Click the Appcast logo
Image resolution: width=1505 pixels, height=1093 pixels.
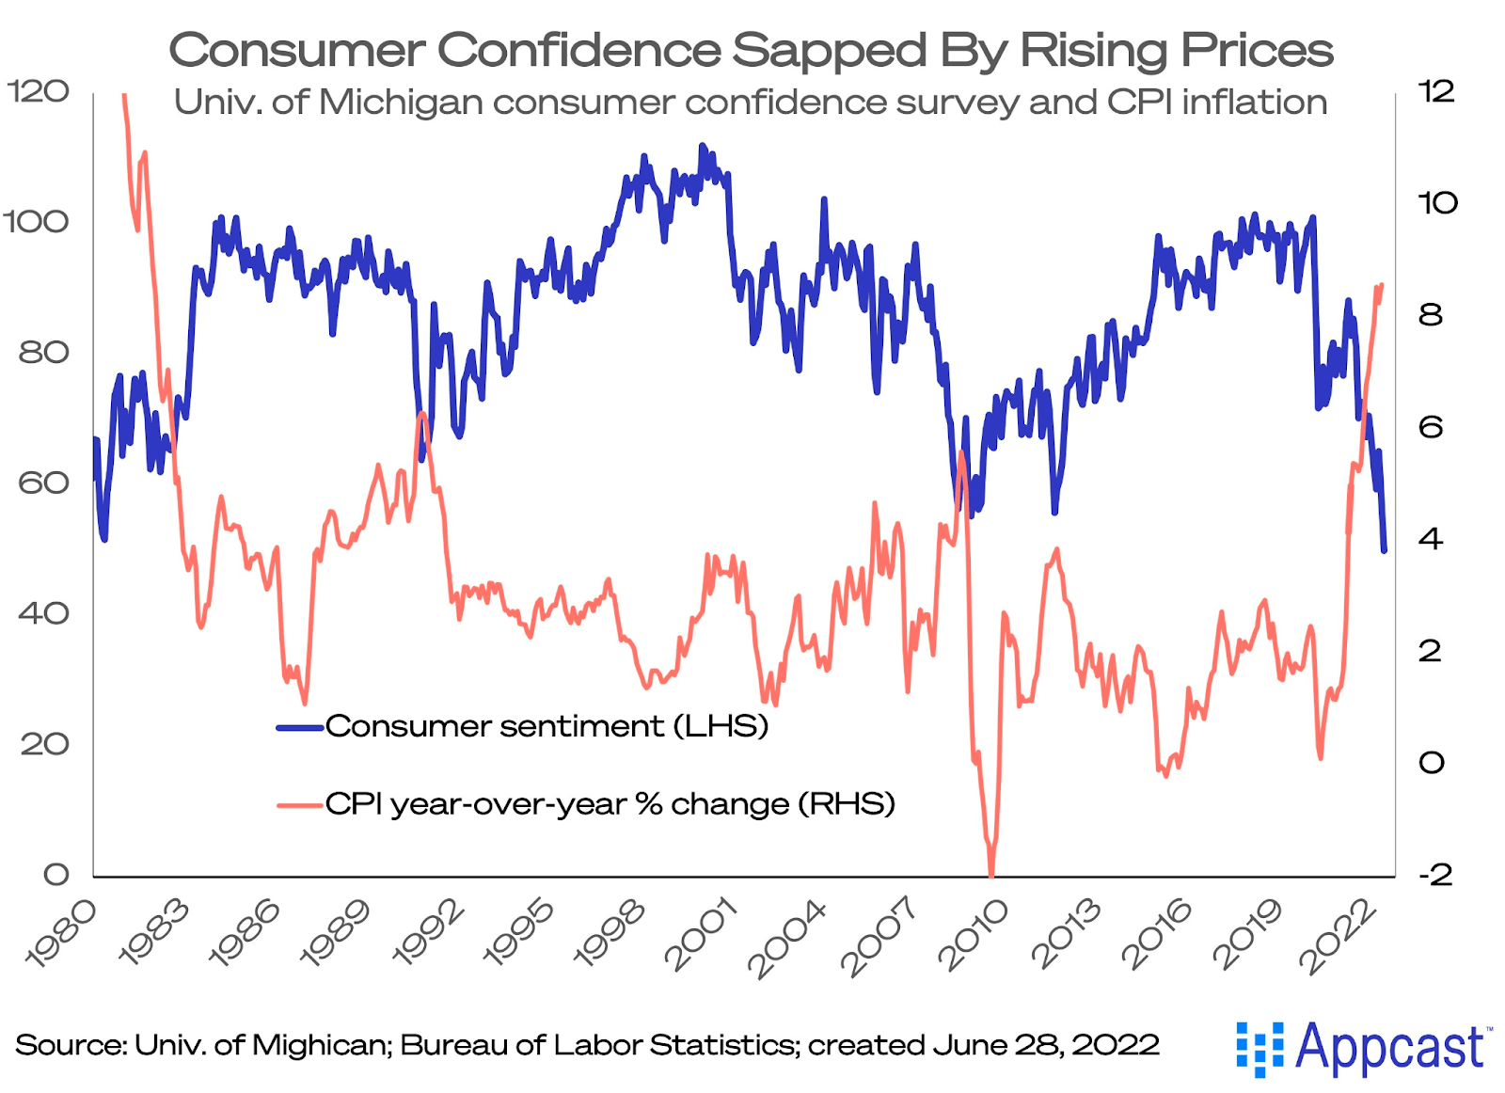click(x=1362, y=1048)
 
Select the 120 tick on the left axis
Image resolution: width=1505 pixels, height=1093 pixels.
click(x=38, y=91)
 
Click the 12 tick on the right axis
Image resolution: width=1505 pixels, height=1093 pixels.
click(x=1436, y=91)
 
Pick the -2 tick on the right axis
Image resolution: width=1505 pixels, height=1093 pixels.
click(x=1435, y=875)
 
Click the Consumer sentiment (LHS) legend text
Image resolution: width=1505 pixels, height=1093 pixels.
click(x=547, y=726)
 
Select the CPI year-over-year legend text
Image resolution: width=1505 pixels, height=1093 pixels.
click(x=610, y=804)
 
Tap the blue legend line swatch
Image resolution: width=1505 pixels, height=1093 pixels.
click(x=300, y=727)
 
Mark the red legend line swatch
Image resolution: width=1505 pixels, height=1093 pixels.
click(x=300, y=805)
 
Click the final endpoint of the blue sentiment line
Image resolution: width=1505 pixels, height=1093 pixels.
click(x=1384, y=550)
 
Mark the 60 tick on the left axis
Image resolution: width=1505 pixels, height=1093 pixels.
click(x=43, y=483)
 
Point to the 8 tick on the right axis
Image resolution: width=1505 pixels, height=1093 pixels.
click(x=1431, y=315)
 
